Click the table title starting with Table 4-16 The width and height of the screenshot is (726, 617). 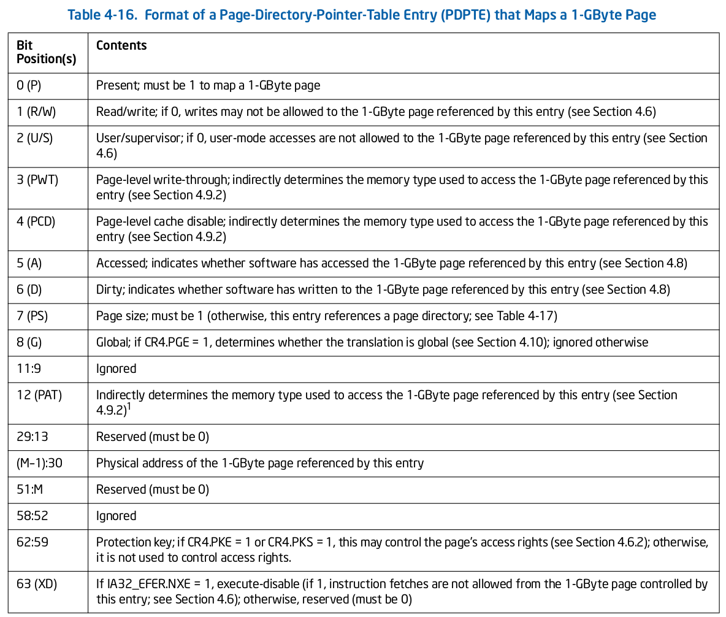362,15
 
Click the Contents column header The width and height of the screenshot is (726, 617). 121,46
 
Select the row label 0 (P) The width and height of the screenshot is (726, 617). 29,85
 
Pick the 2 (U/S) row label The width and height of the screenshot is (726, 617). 35,138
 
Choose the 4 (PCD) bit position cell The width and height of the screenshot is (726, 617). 36,221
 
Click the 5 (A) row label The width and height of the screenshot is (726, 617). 29,263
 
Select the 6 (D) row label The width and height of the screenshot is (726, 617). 29,289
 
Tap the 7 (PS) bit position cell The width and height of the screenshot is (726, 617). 32,316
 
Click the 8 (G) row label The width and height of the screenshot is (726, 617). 29,342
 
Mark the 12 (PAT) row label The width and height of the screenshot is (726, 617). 39,395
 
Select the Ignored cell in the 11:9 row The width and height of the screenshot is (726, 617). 116,369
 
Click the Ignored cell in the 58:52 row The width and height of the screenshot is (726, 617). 116,516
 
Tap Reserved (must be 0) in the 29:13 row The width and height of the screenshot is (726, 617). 153,437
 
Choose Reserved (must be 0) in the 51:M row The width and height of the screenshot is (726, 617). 153,489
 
